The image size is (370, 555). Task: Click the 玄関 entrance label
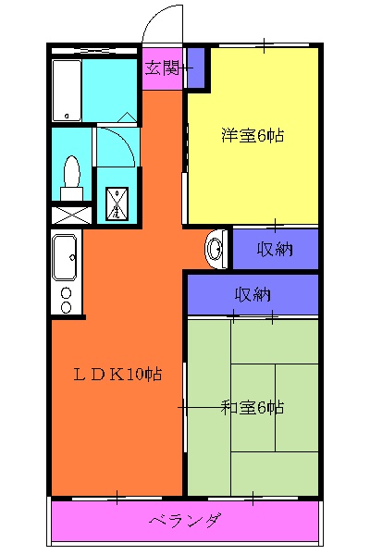pyautogui.click(x=163, y=68)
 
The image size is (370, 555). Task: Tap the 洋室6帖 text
pyautogui.click(x=252, y=136)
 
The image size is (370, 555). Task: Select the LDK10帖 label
pyautogui.click(x=118, y=375)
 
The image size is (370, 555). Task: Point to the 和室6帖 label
pyautogui.click(x=252, y=407)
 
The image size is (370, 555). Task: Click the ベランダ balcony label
pyautogui.click(x=185, y=521)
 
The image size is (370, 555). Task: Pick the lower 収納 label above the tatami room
pyautogui.click(x=252, y=295)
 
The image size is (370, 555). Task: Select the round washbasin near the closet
pyautogui.click(x=216, y=248)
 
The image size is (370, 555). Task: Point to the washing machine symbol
pyautogui.click(x=117, y=203)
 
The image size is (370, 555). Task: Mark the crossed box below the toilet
pyautogui.click(x=71, y=215)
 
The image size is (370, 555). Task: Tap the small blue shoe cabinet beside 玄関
pyautogui.click(x=195, y=68)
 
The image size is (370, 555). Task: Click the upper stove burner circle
pyautogui.click(x=66, y=293)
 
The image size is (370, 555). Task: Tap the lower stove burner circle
pyautogui.click(x=66, y=308)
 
